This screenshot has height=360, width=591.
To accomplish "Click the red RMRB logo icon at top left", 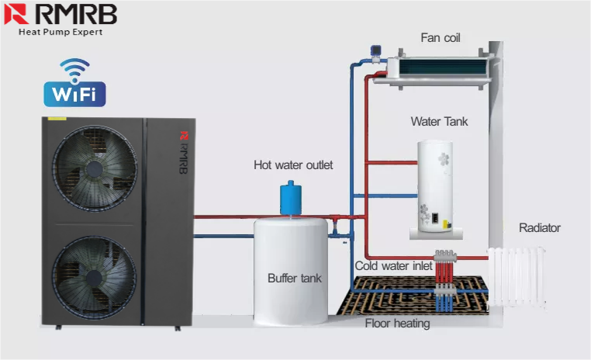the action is [16, 14].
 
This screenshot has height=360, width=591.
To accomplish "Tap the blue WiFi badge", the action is [74, 94].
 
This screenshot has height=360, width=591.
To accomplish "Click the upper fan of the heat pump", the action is [94, 168].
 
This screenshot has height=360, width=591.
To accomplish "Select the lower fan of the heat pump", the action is [94, 279].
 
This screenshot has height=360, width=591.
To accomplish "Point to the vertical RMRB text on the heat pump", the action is [184, 152].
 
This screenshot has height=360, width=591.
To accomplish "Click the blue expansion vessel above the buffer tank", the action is [291, 199].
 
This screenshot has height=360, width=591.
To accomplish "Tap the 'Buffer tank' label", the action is [295, 279].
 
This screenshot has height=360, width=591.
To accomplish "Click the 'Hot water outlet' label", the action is [293, 164].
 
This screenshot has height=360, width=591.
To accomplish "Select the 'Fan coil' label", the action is [441, 38].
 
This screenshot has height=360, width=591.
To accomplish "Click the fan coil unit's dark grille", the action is [442, 67].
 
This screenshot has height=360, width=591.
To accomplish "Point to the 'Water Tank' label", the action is [439, 121].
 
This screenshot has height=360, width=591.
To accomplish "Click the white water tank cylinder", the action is [435, 187].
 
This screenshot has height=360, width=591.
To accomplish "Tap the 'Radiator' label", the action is [540, 227].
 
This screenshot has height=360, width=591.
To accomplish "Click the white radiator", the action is [517, 277].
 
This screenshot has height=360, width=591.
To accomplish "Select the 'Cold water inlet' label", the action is [393, 266].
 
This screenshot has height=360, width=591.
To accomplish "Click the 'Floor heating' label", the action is [397, 324].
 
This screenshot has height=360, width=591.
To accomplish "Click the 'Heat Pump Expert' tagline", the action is [60, 32].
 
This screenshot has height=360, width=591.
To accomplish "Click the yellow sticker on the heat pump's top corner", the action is [57, 119].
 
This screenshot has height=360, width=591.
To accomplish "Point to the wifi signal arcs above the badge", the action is [74, 69].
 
